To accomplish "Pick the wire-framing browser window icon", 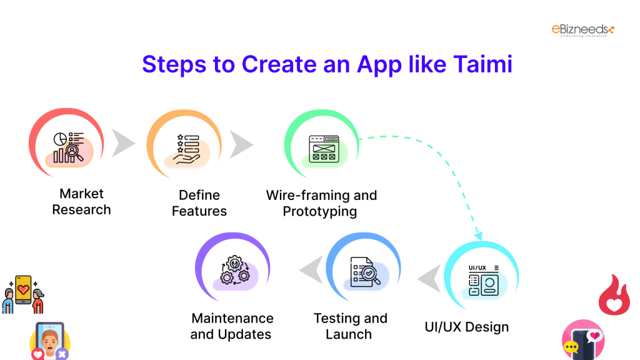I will pos(323,149).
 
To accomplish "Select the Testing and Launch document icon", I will pos(365,272).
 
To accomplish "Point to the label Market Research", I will pos(81,202).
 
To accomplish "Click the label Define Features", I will pos(199,203).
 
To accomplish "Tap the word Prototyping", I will pos(319,211).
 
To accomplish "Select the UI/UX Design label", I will pos(466,327).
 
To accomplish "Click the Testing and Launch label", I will pos(350,326).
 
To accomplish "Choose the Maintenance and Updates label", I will pos(232,326).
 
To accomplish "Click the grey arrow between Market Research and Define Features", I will pos(122,144).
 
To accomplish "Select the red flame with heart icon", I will pos(614,296).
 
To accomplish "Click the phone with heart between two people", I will pos(24,291).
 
